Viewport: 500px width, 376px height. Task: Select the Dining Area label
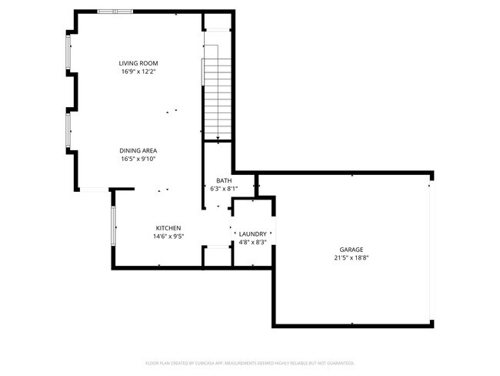138,150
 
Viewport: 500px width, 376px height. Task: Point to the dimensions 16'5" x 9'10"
138,159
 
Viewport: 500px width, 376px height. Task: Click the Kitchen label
168,228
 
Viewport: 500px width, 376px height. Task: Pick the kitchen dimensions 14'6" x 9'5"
168,237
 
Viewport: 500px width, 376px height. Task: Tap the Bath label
223,180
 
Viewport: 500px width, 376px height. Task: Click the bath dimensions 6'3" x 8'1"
223,188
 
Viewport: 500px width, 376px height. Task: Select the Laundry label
253,233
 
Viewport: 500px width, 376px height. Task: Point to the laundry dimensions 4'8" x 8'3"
253,242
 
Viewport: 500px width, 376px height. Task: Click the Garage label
352,250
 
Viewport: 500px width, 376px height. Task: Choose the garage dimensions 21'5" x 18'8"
352,258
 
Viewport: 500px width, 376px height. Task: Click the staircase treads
218,89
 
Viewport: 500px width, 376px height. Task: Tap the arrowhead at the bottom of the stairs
218,139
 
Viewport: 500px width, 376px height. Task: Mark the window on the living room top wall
115,12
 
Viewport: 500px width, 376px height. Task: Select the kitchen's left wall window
113,225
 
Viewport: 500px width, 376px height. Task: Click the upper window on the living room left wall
68,52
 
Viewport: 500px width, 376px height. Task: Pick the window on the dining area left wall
68,131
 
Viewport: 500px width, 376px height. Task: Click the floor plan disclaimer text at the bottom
249,362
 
